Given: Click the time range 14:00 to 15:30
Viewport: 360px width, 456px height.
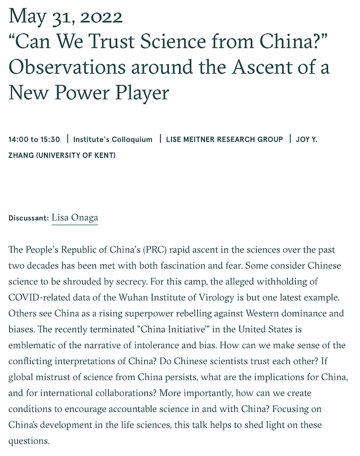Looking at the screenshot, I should pos(35,139).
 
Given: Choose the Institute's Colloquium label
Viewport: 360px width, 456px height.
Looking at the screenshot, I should pos(113,139).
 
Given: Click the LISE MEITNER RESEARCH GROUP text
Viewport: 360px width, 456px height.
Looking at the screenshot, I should pos(225,139).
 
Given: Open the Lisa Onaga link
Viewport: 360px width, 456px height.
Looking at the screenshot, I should pos(75,218).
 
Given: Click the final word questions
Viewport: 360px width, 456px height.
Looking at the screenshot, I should pos(28,440).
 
